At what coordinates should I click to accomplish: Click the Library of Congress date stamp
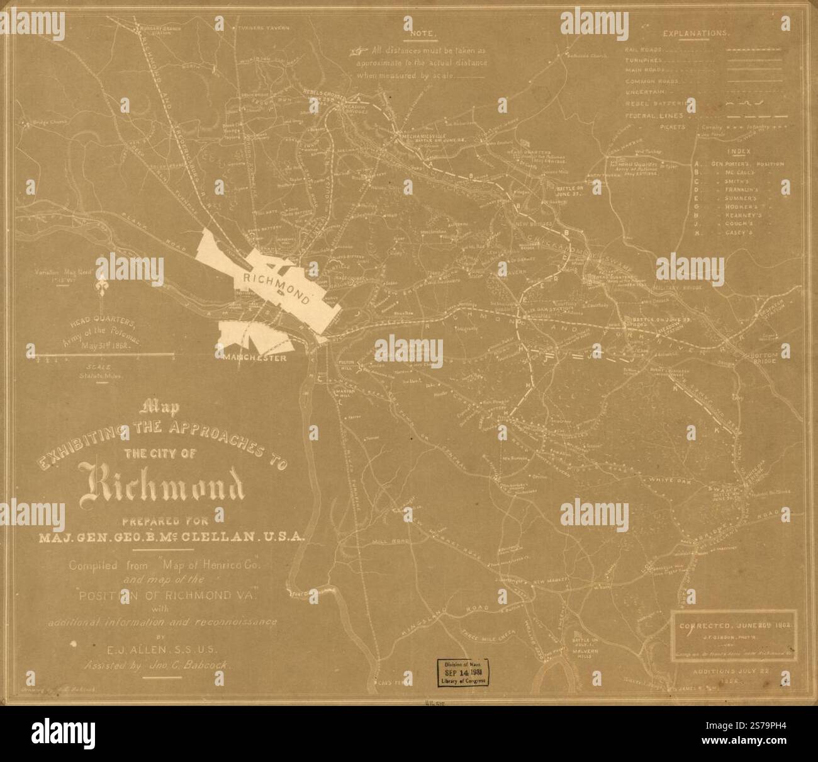click(x=460, y=676)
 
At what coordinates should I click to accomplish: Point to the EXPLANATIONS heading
click(x=696, y=33)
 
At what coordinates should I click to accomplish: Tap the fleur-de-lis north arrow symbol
click(x=99, y=289)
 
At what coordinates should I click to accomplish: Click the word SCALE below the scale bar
click(x=99, y=367)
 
